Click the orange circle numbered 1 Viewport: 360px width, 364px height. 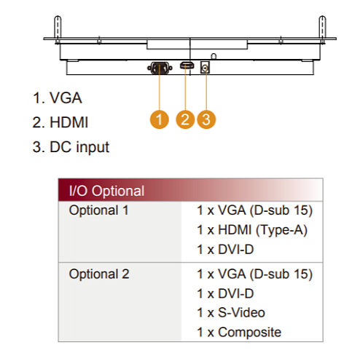point(160,119)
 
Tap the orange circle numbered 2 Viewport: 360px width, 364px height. point(185,119)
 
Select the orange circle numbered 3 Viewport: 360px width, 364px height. point(206,119)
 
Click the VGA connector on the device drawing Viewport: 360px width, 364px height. point(160,68)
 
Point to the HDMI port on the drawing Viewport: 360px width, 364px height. point(187,66)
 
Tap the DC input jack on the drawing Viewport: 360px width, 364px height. point(205,67)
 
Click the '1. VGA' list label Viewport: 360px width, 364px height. point(58,98)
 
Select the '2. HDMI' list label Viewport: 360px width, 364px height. point(60,122)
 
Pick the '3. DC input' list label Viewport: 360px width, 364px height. point(71,147)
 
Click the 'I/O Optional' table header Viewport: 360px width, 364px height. point(106,191)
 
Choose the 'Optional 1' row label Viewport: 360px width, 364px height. point(99,210)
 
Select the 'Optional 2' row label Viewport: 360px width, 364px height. point(99,274)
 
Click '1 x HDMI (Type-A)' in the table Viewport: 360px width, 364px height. point(252,230)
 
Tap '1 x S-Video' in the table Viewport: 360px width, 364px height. point(231,312)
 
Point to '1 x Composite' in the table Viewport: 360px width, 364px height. point(239,332)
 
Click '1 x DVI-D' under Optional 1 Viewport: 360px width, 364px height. point(225,250)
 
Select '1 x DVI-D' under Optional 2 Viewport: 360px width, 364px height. point(225,293)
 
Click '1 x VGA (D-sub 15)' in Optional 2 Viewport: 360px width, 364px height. point(254,274)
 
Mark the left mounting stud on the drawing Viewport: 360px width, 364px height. point(58,29)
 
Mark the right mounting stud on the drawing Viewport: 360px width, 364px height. point(322,29)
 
